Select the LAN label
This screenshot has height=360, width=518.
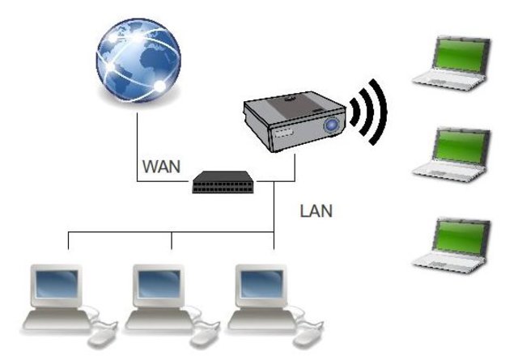point(316,212)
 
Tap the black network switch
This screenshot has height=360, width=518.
point(223,184)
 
